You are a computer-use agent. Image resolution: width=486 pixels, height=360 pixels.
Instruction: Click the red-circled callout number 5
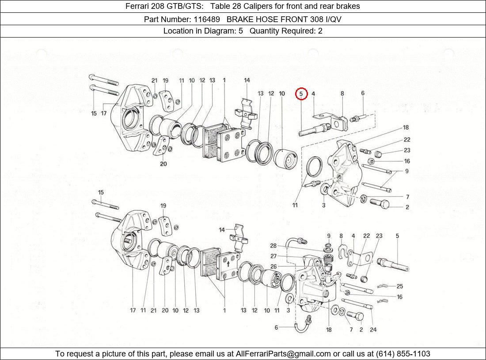tap(301, 94)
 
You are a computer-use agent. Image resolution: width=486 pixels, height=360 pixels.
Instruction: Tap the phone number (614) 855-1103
tap(402, 353)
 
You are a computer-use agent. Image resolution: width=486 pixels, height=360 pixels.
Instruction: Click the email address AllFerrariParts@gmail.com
tap(283, 353)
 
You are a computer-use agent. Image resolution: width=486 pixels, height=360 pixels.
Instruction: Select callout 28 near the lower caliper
tap(273, 246)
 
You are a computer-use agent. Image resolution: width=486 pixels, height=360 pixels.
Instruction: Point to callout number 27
tap(273, 256)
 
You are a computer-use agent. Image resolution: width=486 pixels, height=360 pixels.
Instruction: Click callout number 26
tap(273, 266)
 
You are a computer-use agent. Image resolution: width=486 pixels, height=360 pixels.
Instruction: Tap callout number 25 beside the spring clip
tap(399, 286)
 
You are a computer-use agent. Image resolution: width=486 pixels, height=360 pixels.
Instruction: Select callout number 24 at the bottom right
tap(373, 330)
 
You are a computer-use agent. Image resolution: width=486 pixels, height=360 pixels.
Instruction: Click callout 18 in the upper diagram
tap(406, 128)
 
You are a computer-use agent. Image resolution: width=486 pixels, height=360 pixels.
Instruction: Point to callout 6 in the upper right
tap(363, 93)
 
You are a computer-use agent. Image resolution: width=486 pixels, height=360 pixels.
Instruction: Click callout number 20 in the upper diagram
tap(163, 164)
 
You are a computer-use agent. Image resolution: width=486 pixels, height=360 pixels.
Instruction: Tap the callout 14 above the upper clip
tap(247, 80)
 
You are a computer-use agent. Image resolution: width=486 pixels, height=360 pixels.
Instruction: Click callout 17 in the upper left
tap(104, 114)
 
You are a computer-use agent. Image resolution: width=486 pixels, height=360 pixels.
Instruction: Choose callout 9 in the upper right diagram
tap(406, 171)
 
